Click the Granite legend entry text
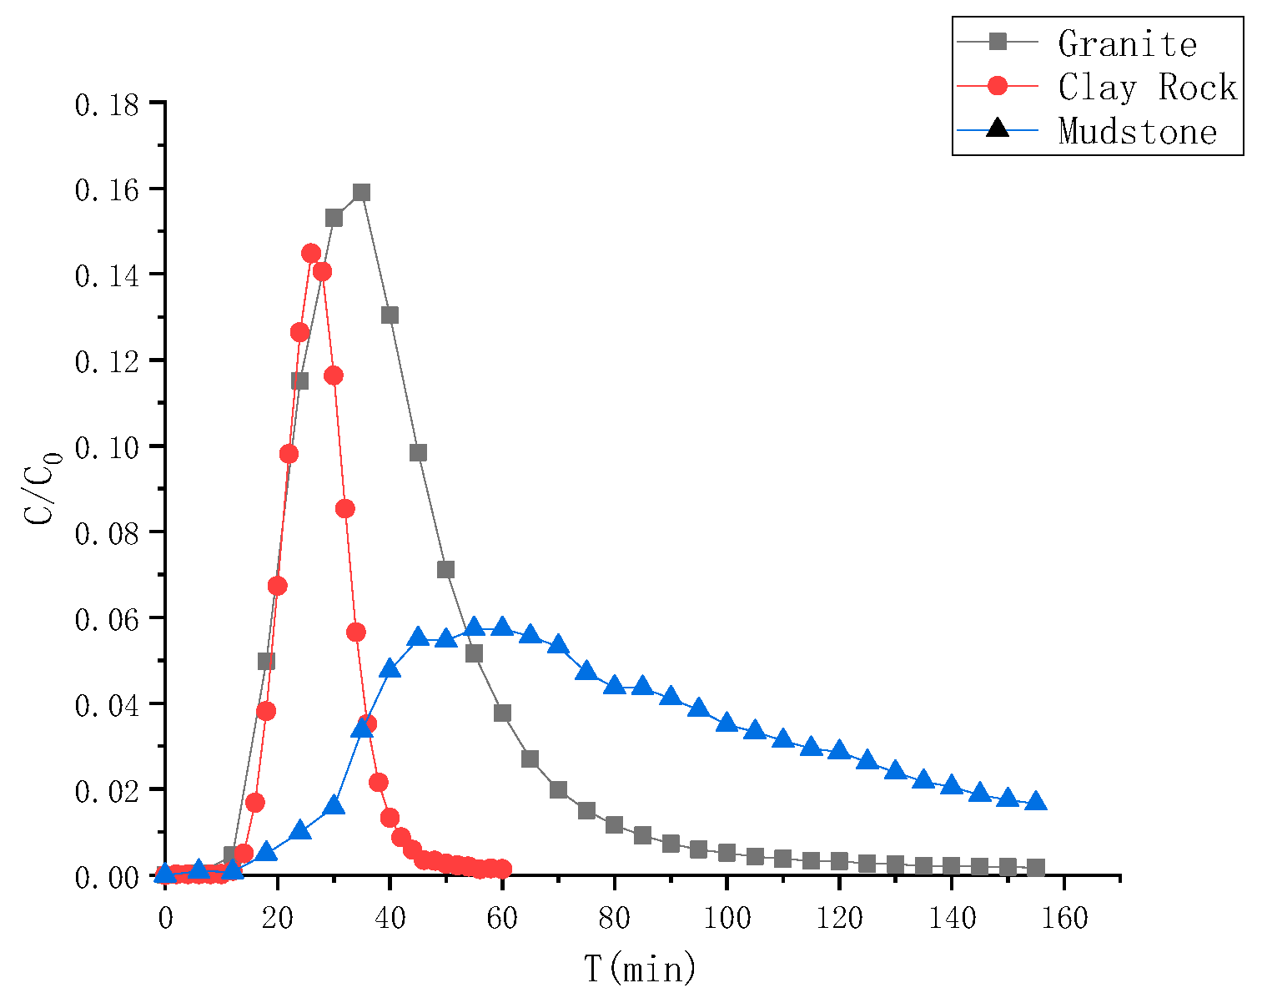point(1127,43)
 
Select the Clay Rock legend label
point(1147,87)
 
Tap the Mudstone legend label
point(1138,131)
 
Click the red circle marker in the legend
point(998,86)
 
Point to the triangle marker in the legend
point(998,129)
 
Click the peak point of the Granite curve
point(361,193)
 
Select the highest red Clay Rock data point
point(311,254)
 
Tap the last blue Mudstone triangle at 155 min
point(1036,801)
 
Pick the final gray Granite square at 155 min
point(1036,868)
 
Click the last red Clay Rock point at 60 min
point(502,869)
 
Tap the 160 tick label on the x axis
point(1063,919)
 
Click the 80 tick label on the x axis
point(614,919)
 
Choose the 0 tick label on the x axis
point(165,919)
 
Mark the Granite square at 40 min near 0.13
point(390,315)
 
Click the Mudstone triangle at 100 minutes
point(727,723)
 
